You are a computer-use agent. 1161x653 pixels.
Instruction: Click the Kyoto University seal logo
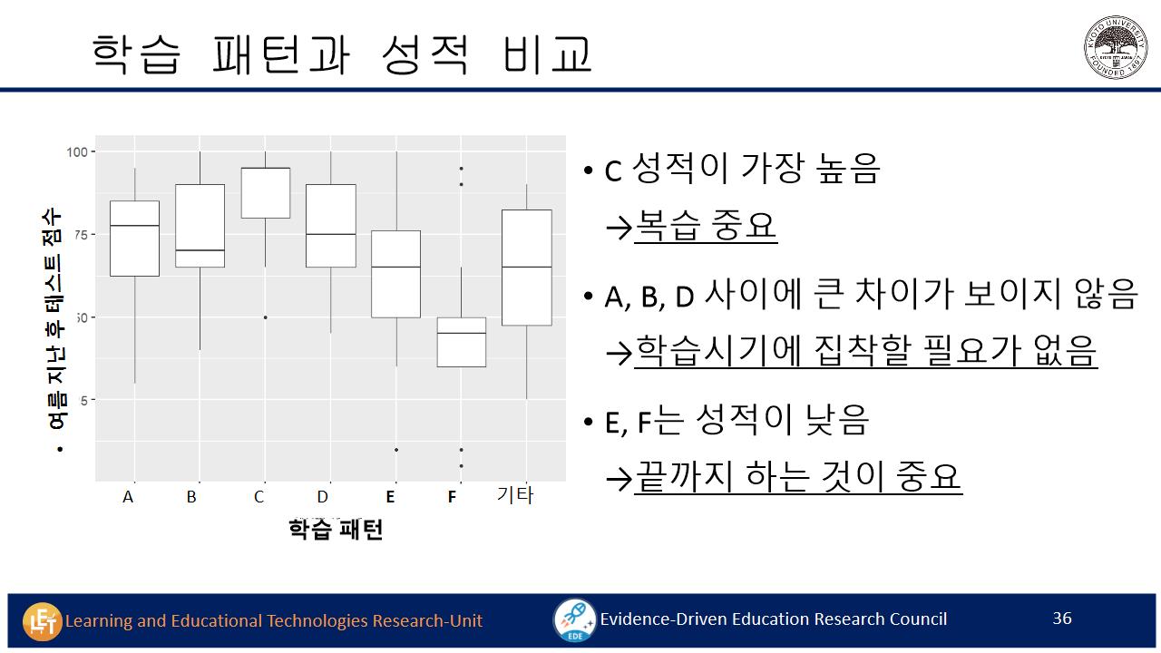1116,47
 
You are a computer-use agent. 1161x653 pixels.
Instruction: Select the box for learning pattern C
266,193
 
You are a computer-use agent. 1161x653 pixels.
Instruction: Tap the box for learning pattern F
462,342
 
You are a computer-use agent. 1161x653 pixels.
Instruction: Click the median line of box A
135,226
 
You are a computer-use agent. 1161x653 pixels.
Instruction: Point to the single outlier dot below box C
266,317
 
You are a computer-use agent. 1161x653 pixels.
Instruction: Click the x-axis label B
191,497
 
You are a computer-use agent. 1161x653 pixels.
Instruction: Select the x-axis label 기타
514,495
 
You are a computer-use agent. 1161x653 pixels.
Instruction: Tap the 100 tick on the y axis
77,151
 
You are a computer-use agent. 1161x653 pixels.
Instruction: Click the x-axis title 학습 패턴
336,530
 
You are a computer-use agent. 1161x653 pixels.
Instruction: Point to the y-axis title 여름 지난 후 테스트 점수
55,318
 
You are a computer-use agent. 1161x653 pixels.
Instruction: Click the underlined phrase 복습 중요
706,226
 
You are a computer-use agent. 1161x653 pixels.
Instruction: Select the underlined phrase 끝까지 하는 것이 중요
798,477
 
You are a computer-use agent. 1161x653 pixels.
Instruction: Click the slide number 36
1062,618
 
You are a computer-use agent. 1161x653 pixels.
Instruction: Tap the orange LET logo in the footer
42,621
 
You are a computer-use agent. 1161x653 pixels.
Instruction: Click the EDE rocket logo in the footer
575,619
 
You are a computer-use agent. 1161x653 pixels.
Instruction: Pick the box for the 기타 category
527,268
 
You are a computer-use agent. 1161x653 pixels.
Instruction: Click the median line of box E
396,267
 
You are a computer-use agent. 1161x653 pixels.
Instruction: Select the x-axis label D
322,497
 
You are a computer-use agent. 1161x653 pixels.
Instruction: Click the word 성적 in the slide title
425,54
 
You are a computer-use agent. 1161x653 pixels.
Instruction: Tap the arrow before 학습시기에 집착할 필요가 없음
619,354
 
